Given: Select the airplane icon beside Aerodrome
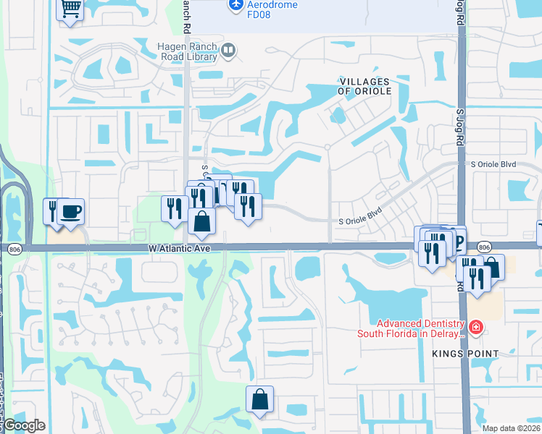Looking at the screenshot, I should (235, 5).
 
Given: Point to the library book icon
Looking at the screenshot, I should (229, 50).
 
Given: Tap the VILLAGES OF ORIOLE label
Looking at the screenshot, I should (364, 87).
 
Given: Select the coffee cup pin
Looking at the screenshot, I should (70, 212).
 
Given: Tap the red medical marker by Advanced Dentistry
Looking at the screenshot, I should (475, 328).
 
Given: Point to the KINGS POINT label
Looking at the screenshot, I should (464, 354).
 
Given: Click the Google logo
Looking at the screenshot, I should (23, 425).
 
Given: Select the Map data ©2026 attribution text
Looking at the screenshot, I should (512, 428).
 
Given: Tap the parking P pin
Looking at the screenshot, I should (456, 239).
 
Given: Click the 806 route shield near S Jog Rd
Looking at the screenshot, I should (485, 247).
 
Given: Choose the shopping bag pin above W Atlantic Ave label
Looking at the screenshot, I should (202, 221).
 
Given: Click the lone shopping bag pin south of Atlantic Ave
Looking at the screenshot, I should (260, 399).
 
